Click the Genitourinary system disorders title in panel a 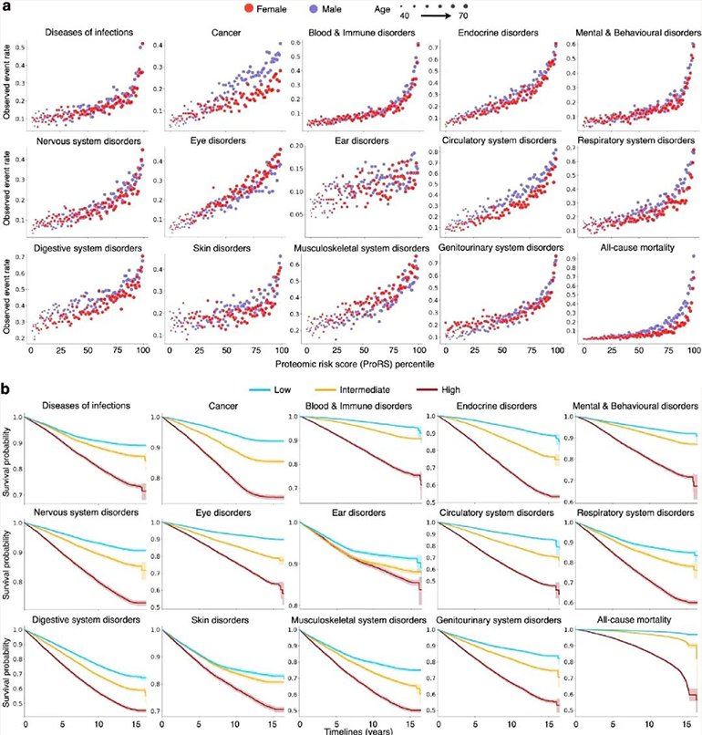(491, 247)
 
